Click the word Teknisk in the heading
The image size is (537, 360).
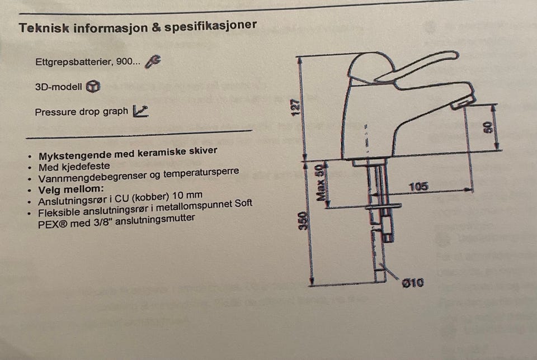pyautogui.click(x=44, y=28)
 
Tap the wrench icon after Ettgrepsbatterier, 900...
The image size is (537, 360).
pyautogui.click(x=153, y=61)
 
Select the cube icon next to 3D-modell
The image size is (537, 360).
pyautogui.click(x=93, y=86)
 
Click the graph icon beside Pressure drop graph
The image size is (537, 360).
pyautogui.click(x=140, y=111)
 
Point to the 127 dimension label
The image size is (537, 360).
pyautogui.click(x=295, y=107)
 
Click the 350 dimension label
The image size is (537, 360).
pyautogui.click(x=303, y=221)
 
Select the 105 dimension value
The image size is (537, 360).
pyautogui.click(x=418, y=187)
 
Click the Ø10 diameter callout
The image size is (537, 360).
pyautogui.click(x=412, y=283)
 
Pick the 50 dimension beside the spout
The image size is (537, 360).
pyautogui.click(x=489, y=127)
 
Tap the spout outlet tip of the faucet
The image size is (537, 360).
pyautogui.click(x=463, y=102)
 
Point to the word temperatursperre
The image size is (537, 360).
pyautogui.click(x=201, y=173)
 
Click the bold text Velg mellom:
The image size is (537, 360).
pyautogui.click(x=71, y=190)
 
